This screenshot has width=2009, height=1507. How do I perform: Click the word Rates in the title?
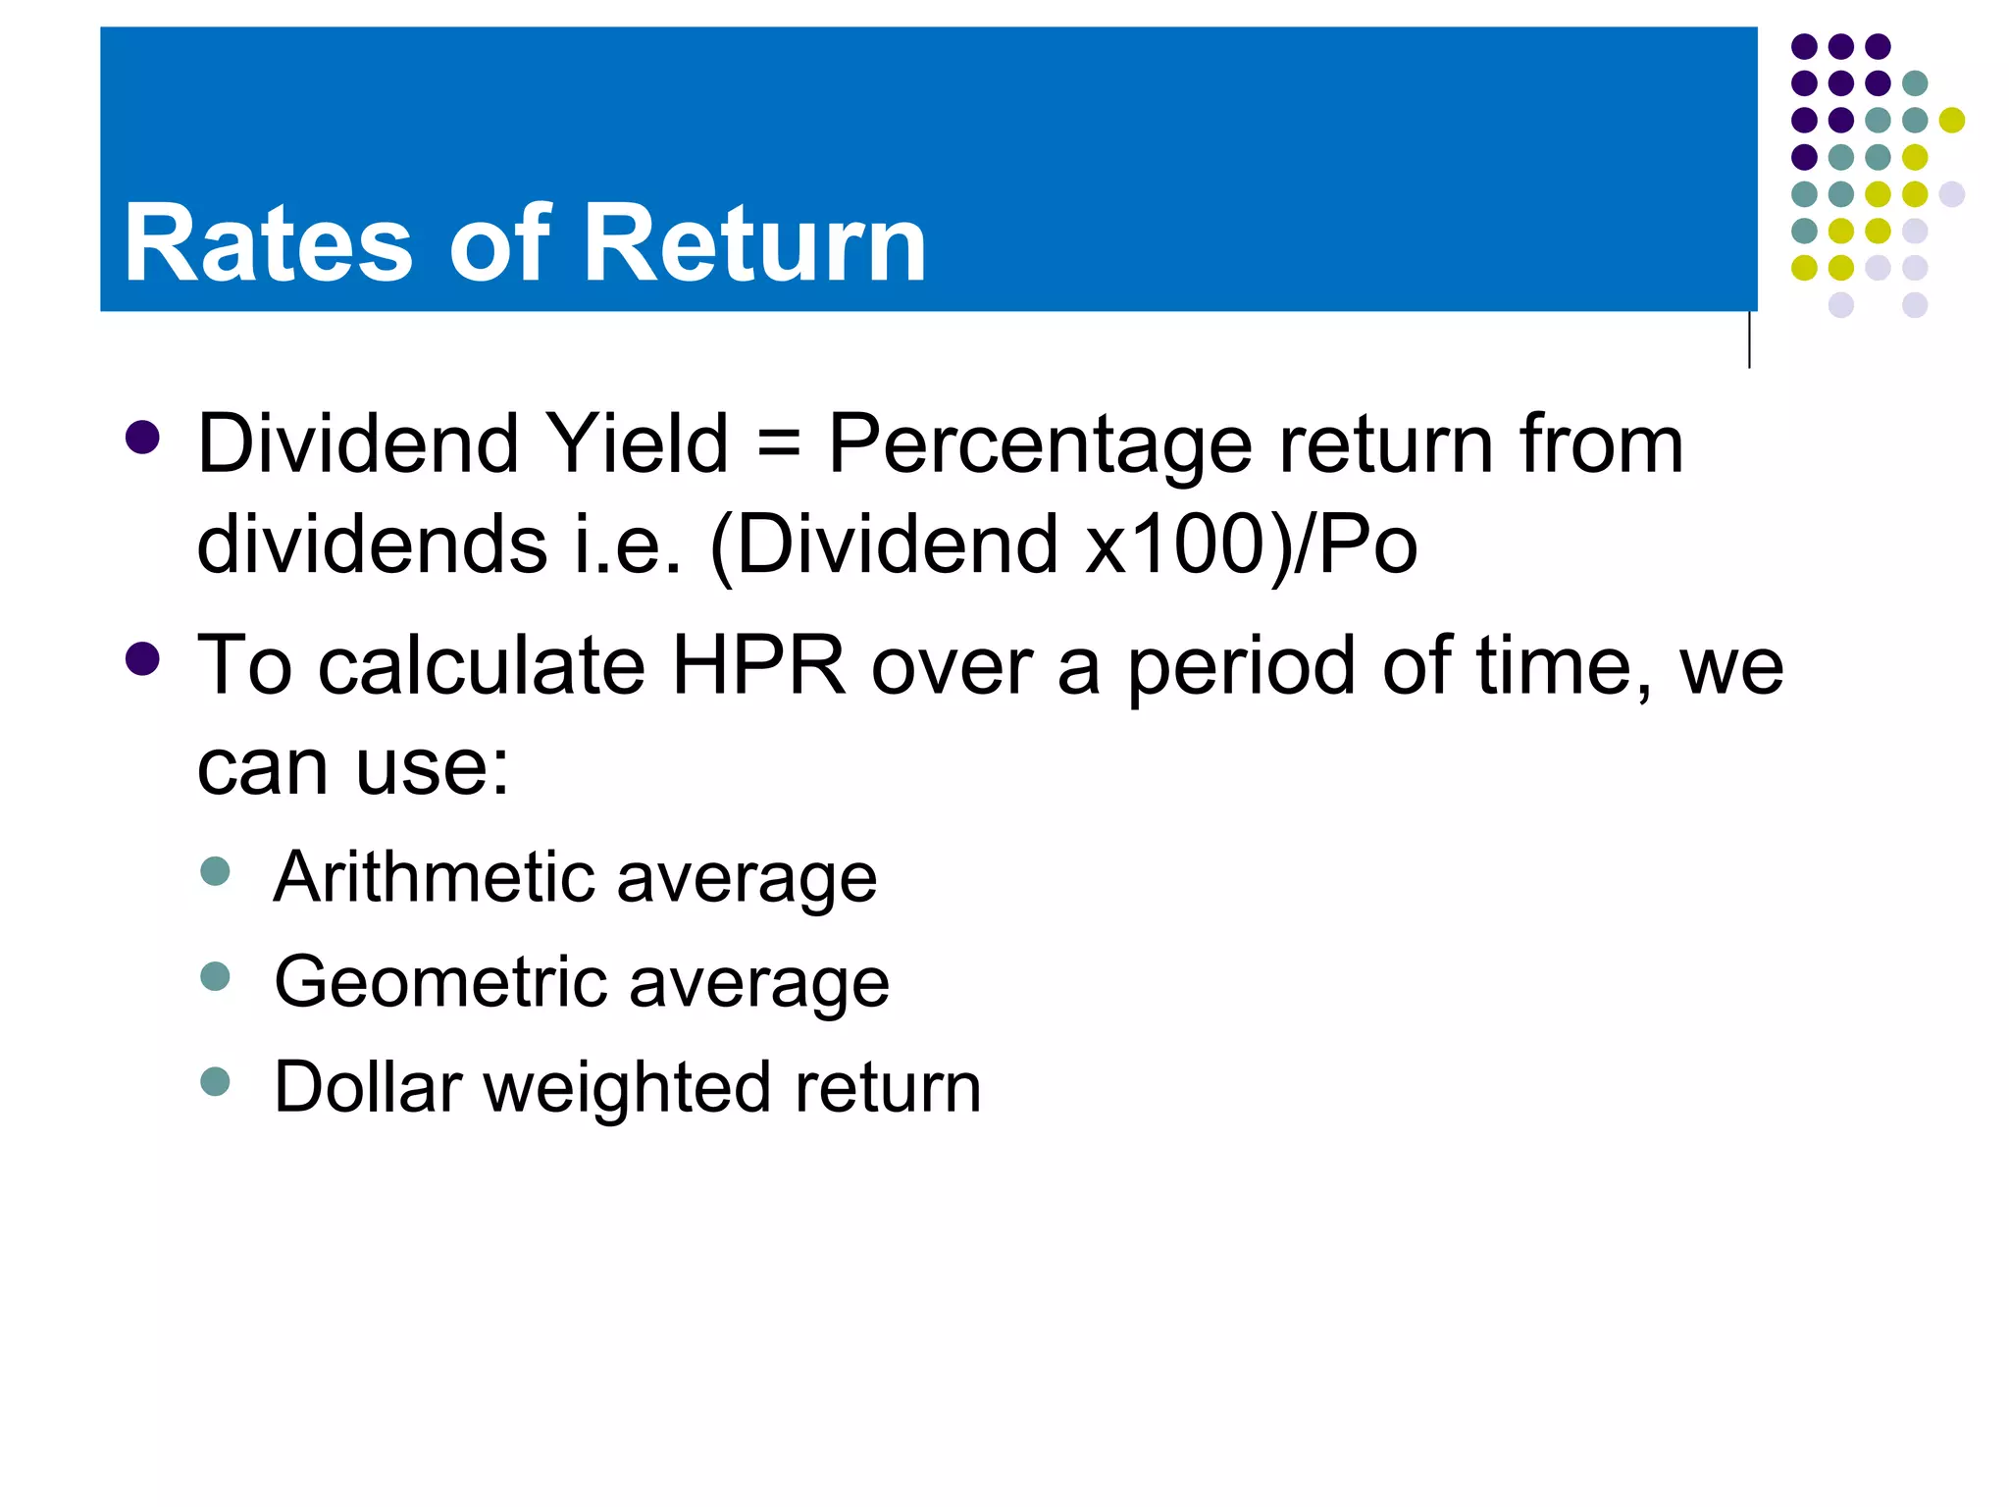click(x=267, y=243)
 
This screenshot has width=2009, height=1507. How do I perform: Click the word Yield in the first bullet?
click(x=636, y=444)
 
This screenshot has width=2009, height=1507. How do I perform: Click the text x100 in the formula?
click(x=1173, y=546)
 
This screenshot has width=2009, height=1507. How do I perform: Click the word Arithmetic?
click(x=433, y=876)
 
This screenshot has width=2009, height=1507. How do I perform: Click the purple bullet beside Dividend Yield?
click(x=143, y=438)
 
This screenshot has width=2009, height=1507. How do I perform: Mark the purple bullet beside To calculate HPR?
click(x=143, y=659)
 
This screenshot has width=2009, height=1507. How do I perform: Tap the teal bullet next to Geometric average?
click(x=215, y=976)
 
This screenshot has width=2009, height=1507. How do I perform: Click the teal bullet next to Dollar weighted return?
click(x=215, y=1081)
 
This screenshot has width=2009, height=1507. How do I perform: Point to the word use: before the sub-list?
click(x=432, y=768)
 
